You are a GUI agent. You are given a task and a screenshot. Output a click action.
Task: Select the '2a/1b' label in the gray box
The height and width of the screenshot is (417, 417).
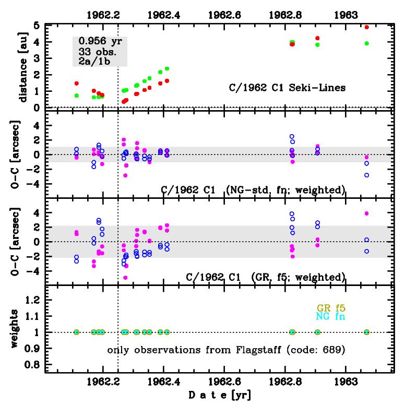point(94,62)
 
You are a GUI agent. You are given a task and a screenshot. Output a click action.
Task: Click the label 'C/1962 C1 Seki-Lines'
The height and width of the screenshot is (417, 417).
point(287,88)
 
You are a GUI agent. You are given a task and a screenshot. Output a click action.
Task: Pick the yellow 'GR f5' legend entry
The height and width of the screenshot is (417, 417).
point(331,307)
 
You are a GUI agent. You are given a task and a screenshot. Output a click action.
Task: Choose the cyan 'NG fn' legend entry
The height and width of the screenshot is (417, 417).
point(331,316)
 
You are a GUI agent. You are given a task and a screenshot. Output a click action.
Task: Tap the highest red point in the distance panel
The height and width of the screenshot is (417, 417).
point(367,27)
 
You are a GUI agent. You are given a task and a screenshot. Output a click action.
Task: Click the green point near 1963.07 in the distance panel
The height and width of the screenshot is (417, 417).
point(367,43)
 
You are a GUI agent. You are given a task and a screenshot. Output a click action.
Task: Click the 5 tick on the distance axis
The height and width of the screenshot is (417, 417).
point(37,26)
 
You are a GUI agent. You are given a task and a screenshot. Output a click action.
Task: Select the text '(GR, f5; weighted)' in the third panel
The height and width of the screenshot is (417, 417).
point(299,277)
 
